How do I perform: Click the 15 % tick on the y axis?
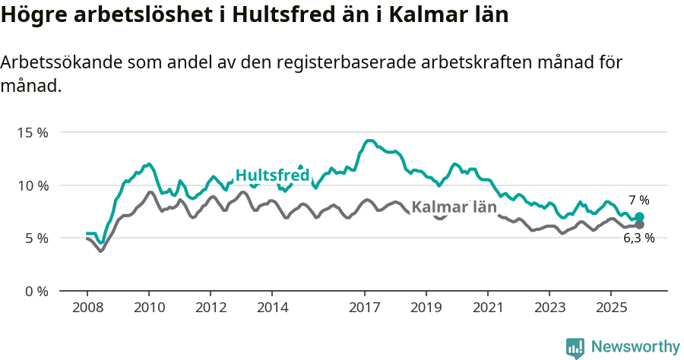pos(32,132)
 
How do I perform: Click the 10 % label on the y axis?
pos(32,185)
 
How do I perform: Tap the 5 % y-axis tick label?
pos(35,238)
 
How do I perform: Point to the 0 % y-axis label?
pos(35,291)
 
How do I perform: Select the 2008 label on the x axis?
pos(87,308)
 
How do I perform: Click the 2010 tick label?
pos(148,308)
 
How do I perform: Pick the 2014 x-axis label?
pos(272,308)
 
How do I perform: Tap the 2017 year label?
pos(365,308)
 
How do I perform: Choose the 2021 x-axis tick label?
pos(488,308)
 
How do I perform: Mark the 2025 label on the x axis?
pos(612,308)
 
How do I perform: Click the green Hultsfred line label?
pos(272,175)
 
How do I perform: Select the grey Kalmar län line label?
pos(454,207)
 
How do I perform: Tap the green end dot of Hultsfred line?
pos(639,216)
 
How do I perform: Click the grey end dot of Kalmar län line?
pos(639,225)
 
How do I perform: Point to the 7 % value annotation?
pos(638,201)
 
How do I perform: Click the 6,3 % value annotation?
pos(638,238)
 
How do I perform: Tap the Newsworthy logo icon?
pos(575,348)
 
